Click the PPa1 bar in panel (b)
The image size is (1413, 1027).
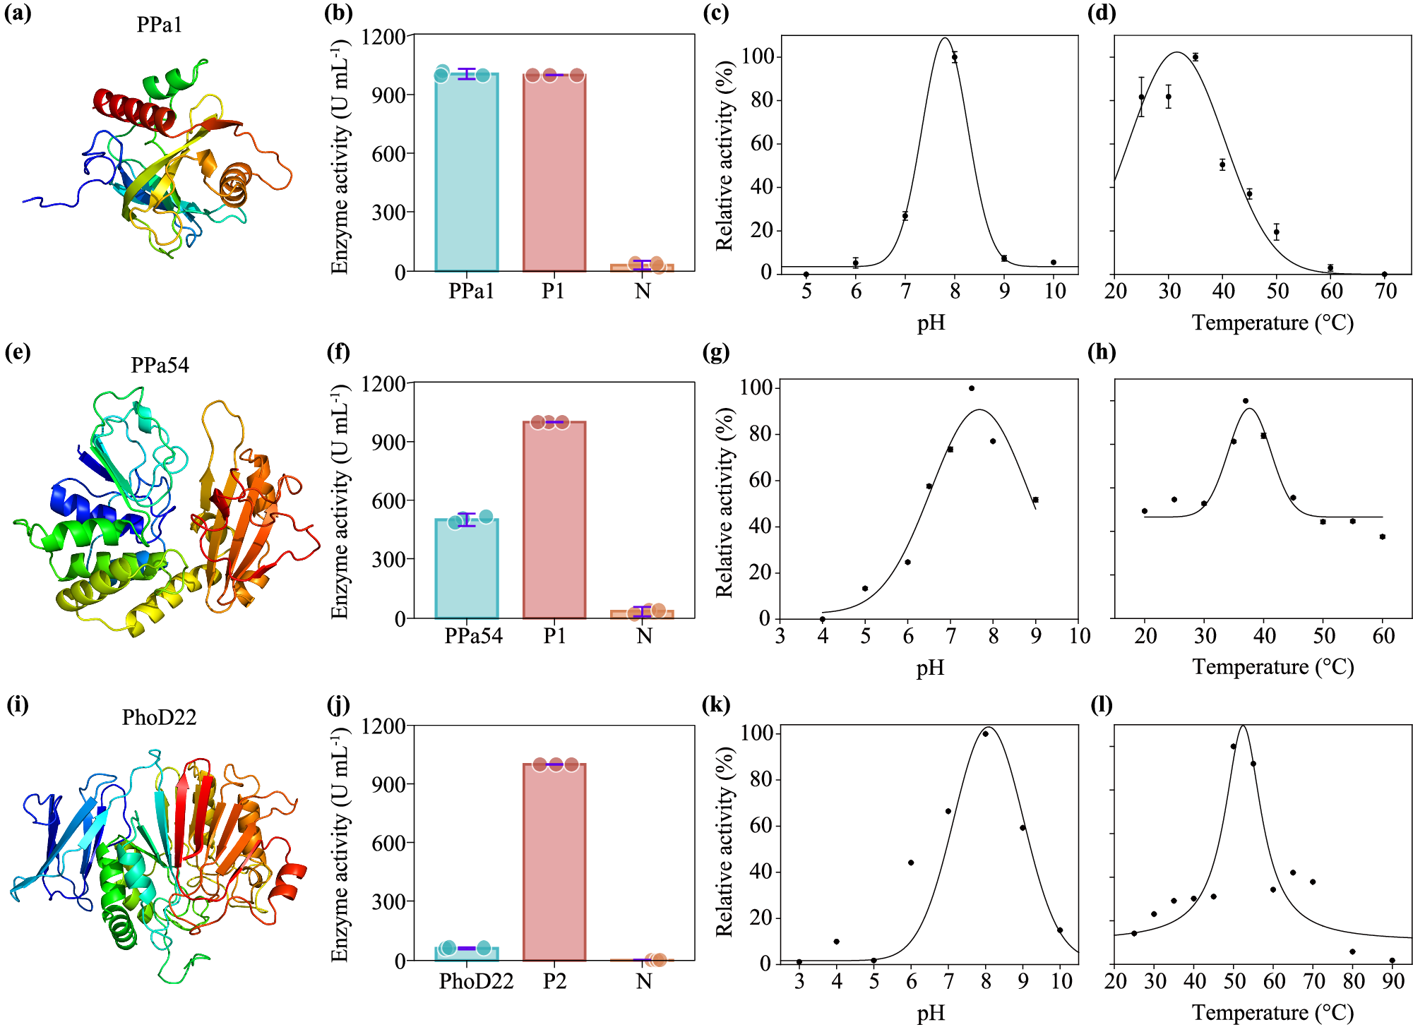point(467,173)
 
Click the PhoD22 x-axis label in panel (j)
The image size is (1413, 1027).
point(476,981)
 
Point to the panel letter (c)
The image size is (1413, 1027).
point(716,13)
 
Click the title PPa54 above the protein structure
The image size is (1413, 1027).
point(160,365)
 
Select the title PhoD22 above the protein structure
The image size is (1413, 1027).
point(159,717)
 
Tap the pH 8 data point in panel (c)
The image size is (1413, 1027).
point(955,57)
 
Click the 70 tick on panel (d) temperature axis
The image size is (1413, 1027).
point(1386,292)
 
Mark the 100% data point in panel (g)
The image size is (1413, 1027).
point(972,388)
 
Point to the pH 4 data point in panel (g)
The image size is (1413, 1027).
point(823,619)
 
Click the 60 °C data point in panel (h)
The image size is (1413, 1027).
point(1383,537)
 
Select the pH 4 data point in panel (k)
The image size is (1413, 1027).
point(837,942)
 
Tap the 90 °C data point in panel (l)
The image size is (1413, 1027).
point(1393,961)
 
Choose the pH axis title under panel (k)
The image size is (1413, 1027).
point(931,1014)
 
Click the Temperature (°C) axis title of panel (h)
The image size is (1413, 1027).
point(1273,667)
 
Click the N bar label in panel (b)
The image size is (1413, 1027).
point(643,291)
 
